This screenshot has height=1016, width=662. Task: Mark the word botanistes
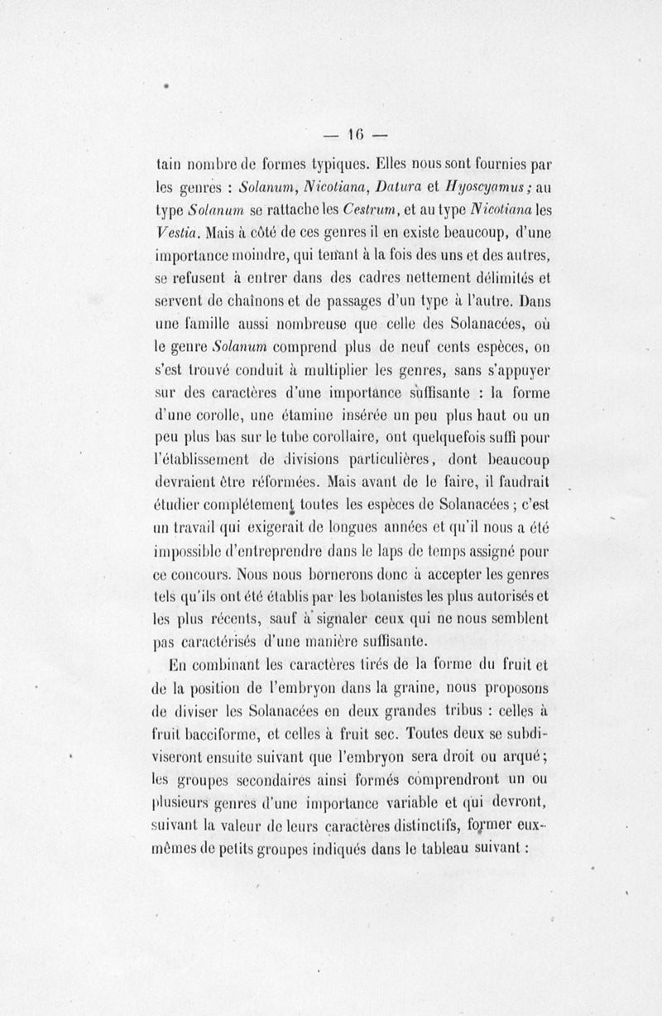tap(374, 595)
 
